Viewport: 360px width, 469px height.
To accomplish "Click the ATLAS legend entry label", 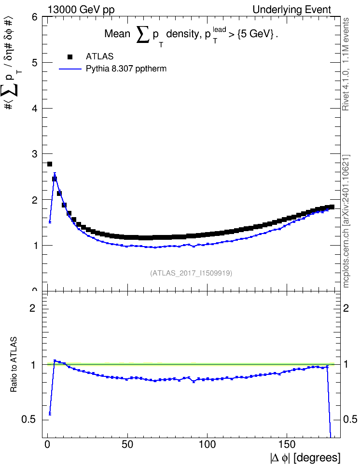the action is click(x=99, y=56).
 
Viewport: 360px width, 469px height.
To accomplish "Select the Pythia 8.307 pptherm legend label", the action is click(x=126, y=69).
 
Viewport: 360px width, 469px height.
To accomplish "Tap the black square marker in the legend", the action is click(x=70, y=56).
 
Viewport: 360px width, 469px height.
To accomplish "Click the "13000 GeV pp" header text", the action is click(x=81, y=10).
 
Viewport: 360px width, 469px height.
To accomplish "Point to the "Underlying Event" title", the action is click(x=292, y=10).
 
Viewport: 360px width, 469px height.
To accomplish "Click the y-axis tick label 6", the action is click(x=35, y=17).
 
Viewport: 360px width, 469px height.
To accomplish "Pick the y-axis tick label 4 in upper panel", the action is click(x=35, y=108).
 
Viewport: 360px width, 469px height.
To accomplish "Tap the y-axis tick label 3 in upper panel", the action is click(x=35, y=154).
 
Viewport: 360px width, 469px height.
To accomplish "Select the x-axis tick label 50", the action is click(x=127, y=444).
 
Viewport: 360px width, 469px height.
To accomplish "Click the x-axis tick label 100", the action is click(x=207, y=444).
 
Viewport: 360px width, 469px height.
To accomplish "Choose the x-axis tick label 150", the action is click(x=287, y=444).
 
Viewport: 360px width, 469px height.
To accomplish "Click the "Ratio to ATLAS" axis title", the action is click(x=14, y=365).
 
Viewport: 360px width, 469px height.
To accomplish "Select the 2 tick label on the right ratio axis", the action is click(x=346, y=308).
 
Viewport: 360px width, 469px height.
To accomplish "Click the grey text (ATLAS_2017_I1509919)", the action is click(x=191, y=273).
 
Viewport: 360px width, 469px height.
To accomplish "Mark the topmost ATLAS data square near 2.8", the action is click(x=50, y=164).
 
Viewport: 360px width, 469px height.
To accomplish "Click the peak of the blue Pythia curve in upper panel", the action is click(x=55, y=174).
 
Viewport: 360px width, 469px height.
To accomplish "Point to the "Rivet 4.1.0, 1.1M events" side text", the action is click(x=346, y=64).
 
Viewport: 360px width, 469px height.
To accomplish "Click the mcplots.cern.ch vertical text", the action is click(x=346, y=221).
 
